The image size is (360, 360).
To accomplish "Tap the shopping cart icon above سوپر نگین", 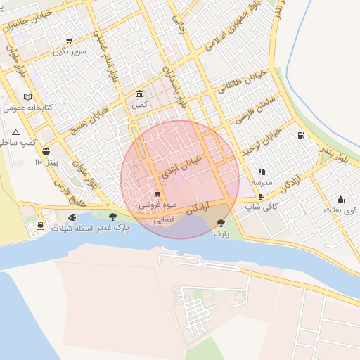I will (x=69, y=41).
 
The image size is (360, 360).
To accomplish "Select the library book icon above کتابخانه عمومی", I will (x=27, y=97).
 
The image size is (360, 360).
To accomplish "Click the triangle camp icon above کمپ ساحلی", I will (x=15, y=132).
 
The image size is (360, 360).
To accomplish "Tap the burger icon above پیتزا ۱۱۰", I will (x=46, y=150).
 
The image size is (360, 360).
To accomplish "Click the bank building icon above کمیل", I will (x=140, y=94).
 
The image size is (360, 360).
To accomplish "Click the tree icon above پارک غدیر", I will (x=112, y=217).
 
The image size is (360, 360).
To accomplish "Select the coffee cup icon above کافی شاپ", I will (x=262, y=197).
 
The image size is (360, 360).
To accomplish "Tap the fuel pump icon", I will (x=301, y=135).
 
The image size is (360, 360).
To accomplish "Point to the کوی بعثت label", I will (x=341, y=210).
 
